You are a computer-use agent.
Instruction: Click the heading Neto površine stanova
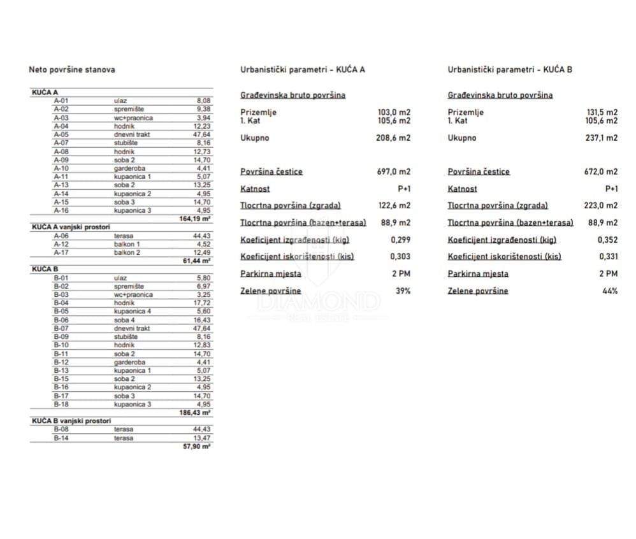point(72,69)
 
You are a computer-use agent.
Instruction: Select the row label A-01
point(61,101)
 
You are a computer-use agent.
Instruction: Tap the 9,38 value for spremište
point(203,109)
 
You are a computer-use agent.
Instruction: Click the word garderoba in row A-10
point(128,168)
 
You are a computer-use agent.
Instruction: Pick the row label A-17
point(61,252)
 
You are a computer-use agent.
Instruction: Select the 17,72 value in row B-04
point(201,303)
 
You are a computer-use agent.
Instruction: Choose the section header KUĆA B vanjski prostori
point(71,421)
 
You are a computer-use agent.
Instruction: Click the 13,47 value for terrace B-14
point(201,438)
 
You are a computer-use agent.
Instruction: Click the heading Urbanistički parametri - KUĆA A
point(303,69)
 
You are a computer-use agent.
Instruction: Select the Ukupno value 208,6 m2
point(394,138)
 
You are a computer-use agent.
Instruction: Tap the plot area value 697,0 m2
point(394,171)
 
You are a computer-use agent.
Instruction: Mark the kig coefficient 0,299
point(400,240)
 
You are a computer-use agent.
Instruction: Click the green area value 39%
point(403,291)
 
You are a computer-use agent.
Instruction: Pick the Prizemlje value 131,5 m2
point(602,112)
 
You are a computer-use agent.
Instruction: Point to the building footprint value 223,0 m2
point(602,205)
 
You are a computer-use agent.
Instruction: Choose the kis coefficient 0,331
point(608,256)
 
